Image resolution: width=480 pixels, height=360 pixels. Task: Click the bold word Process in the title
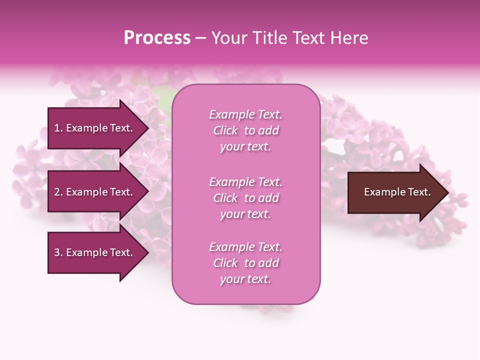(157, 38)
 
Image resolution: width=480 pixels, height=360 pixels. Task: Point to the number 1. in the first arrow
(58, 128)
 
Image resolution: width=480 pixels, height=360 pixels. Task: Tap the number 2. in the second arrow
(58, 192)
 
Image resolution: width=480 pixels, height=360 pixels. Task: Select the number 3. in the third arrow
(58, 252)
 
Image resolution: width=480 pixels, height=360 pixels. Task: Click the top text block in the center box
(245, 130)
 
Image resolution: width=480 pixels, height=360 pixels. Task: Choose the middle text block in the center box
(245, 197)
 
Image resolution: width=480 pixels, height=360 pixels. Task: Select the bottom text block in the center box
(245, 263)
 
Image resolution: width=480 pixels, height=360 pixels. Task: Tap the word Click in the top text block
(225, 130)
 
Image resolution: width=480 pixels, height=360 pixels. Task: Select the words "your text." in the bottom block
(245, 279)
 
